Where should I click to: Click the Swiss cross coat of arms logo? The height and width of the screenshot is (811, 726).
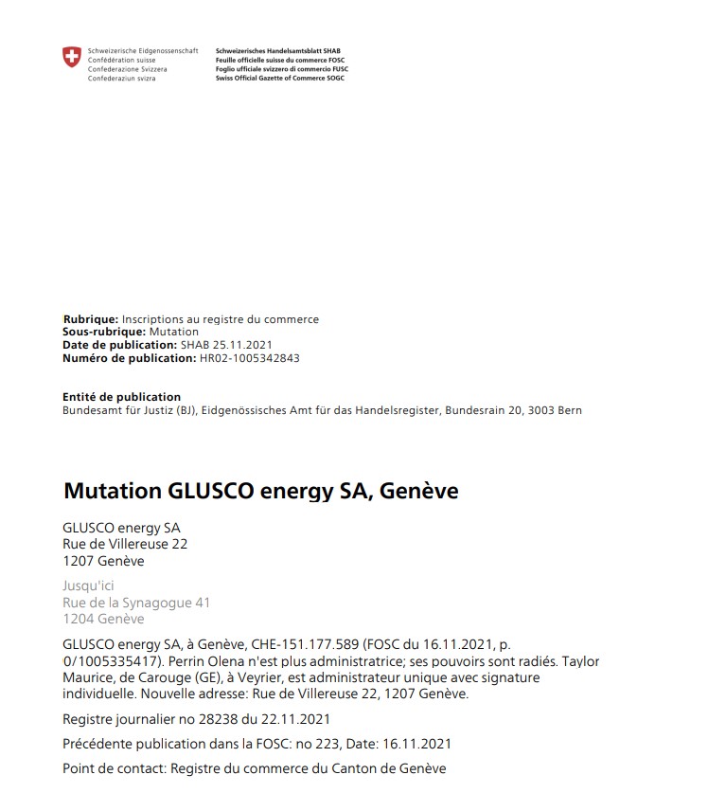pos(72,58)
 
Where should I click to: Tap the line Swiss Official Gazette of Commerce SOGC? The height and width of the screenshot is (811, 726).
pos(280,78)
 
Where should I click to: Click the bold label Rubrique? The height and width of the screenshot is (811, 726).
pos(91,319)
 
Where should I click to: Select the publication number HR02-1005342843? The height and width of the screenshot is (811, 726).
pos(250,358)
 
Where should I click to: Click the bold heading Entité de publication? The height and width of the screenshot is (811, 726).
pos(121,397)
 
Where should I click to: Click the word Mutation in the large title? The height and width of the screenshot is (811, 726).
pos(112,492)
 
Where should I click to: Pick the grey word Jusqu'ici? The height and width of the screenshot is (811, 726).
pos(88,586)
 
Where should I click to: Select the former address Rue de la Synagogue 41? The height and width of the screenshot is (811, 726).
pos(136,603)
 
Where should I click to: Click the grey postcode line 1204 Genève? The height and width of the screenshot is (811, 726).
pos(103,620)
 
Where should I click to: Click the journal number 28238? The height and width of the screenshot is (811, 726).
pos(216,719)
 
